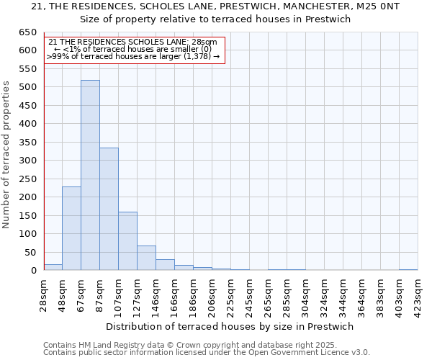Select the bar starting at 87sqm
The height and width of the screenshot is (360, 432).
click(x=109, y=209)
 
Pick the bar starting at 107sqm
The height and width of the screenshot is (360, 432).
click(x=127, y=241)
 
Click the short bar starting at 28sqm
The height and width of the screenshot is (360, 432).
click(x=53, y=267)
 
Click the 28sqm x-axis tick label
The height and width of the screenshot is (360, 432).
click(x=44, y=291)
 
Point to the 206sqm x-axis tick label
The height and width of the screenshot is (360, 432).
click(x=212, y=292)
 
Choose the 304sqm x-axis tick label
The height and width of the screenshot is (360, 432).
click(x=305, y=292)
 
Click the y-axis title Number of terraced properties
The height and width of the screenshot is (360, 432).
click(x=6, y=155)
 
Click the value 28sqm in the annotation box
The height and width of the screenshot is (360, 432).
click(x=203, y=42)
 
